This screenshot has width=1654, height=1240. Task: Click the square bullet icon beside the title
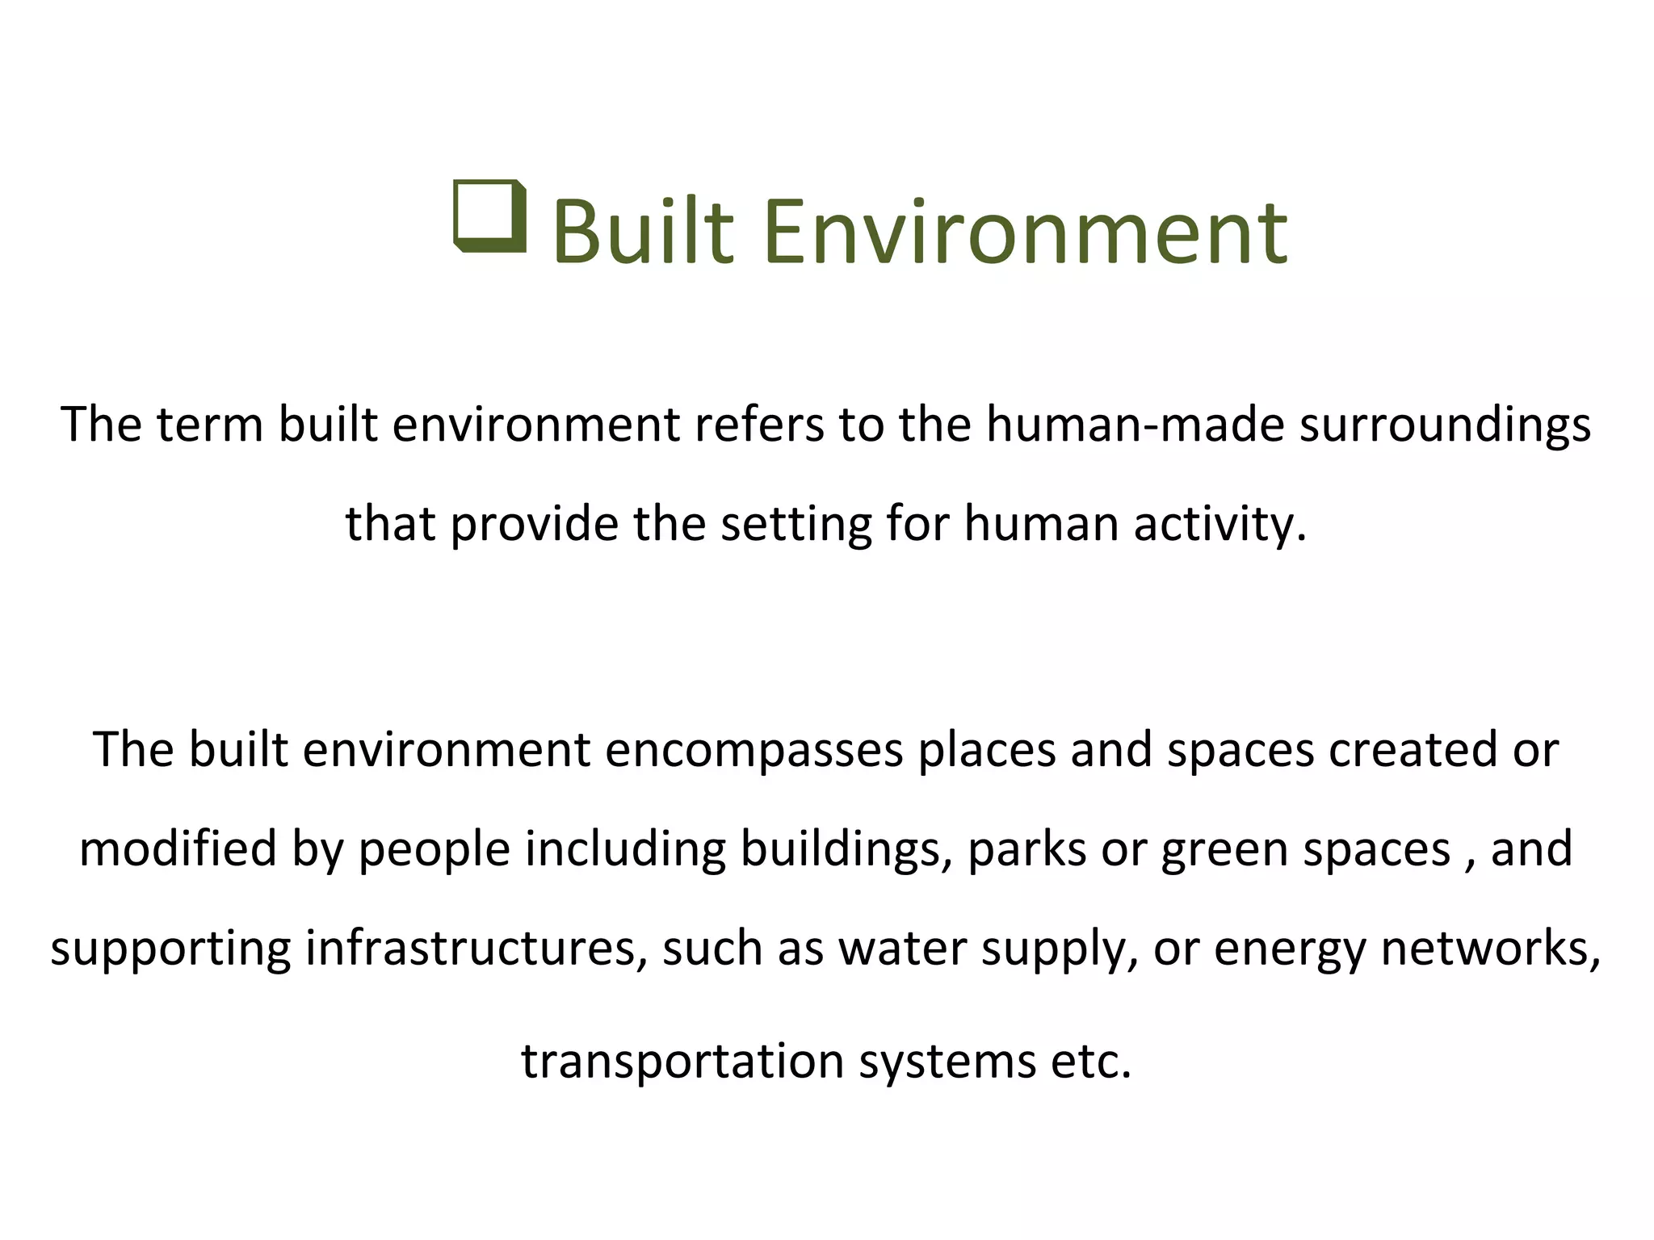point(490,216)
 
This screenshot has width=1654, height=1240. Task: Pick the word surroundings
point(1445,425)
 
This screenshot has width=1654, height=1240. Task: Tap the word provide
point(535,524)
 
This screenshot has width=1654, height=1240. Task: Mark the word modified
point(178,848)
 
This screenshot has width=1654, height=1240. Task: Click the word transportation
point(683,1061)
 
